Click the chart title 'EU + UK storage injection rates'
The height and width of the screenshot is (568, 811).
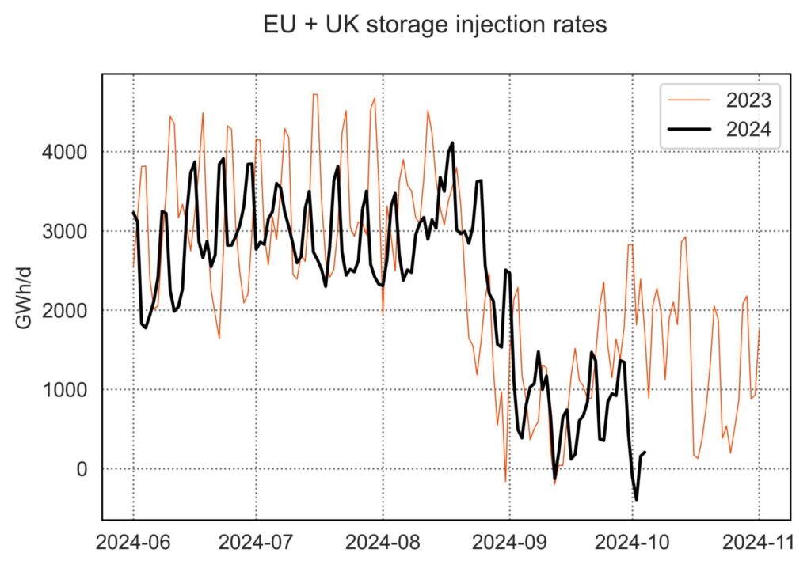[435, 25]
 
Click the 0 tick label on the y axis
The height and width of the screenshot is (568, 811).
[83, 469]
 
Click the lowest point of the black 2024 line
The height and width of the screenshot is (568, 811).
[637, 499]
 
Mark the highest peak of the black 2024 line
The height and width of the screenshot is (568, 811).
[452, 143]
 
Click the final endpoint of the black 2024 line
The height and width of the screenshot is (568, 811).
[645, 453]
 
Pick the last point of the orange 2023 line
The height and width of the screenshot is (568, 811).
[759, 328]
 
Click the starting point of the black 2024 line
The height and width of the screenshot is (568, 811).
[132, 212]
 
